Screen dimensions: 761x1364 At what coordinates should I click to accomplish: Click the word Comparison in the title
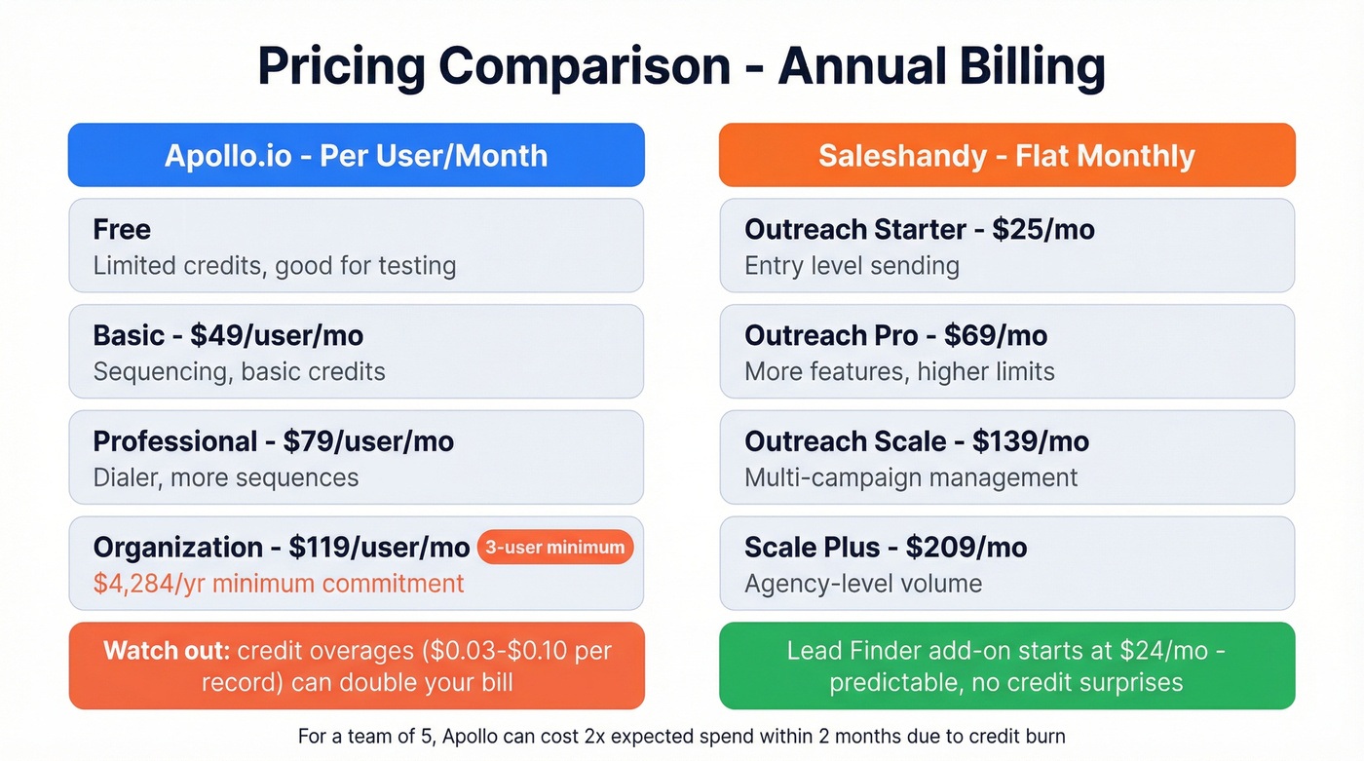coord(585,66)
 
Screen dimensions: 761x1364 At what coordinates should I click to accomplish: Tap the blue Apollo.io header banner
coord(356,155)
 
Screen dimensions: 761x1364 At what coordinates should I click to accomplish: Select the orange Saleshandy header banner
coord(1006,155)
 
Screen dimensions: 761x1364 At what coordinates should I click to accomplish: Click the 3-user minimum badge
coord(554,548)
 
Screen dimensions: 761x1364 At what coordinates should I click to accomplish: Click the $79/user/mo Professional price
coord(368,441)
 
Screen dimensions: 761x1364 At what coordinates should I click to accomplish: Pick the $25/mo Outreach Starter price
coord(1043,230)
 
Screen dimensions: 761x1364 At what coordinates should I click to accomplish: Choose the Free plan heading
coord(122,230)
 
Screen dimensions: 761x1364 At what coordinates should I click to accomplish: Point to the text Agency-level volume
coord(863,584)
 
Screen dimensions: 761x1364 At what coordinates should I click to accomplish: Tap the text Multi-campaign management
coord(911,477)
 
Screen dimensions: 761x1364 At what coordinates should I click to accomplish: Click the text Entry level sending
coord(852,266)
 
